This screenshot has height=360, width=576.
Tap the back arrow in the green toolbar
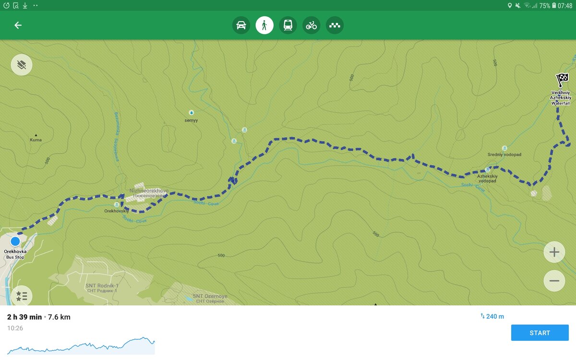pos(18,25)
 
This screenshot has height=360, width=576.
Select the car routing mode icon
pos(241,25)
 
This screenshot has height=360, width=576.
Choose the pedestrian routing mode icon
pos(264,25)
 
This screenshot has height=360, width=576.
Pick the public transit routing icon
pos(288,25)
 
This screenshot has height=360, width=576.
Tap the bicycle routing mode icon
pos(312,25)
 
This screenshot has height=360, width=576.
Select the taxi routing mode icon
pos(335,25)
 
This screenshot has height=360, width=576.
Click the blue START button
pos(540,333)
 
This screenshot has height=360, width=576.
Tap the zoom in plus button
pos(554,252)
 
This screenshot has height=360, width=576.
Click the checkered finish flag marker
pos(562,79)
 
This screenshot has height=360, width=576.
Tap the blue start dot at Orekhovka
pos(15,241)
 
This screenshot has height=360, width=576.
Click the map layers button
pos(22,65)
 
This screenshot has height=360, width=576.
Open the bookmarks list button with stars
pos(22,296)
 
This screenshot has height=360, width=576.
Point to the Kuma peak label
pos(36,140)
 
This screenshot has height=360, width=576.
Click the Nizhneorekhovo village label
pos(149,191)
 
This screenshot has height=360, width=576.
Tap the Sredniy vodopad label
pos(504,155)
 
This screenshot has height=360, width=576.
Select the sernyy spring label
pos(191,120)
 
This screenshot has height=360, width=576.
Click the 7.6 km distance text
pos(59,317)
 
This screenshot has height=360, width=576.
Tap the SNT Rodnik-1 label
pos(102,286)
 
